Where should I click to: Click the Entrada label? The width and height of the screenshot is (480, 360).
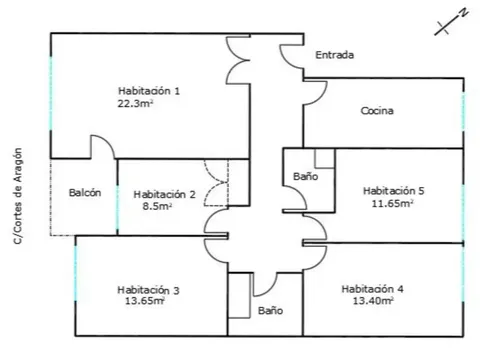pos(335,55)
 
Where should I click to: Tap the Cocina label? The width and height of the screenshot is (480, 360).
pos(377,111)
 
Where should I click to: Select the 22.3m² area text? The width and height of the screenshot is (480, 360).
pos(135,103)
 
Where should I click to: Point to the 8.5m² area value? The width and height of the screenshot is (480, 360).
pos(157,206)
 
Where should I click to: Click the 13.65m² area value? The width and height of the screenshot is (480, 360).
pos(145,301)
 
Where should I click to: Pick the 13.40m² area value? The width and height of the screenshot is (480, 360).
pos(373,301)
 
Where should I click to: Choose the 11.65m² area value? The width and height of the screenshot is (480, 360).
pos(393,203)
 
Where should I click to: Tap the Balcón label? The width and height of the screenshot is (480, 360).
pos(85,193)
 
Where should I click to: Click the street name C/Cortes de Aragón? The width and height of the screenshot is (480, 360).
pos(18,196)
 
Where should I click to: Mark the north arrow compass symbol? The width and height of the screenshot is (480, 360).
pos(451,22)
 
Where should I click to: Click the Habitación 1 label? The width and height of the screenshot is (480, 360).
pos(149,91)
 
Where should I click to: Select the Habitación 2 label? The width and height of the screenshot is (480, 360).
pos(164,194)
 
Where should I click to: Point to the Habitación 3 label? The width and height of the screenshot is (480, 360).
pos(148,290)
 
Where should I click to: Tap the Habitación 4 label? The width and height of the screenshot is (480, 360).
pos(372,289)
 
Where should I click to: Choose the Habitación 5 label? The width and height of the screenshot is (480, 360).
pos(393,191)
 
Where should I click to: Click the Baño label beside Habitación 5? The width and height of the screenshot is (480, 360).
pos(305,176)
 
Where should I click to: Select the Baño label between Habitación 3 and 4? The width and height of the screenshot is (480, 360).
pos(270,311)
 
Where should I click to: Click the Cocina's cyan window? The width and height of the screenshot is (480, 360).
pos(463,112)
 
